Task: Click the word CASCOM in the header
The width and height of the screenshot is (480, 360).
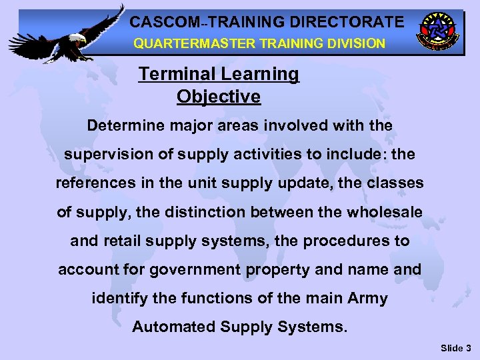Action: coord(160,22)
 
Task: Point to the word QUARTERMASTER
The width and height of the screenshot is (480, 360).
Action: coord(189,43)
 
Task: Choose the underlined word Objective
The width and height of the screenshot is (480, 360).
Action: coord(219,97)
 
